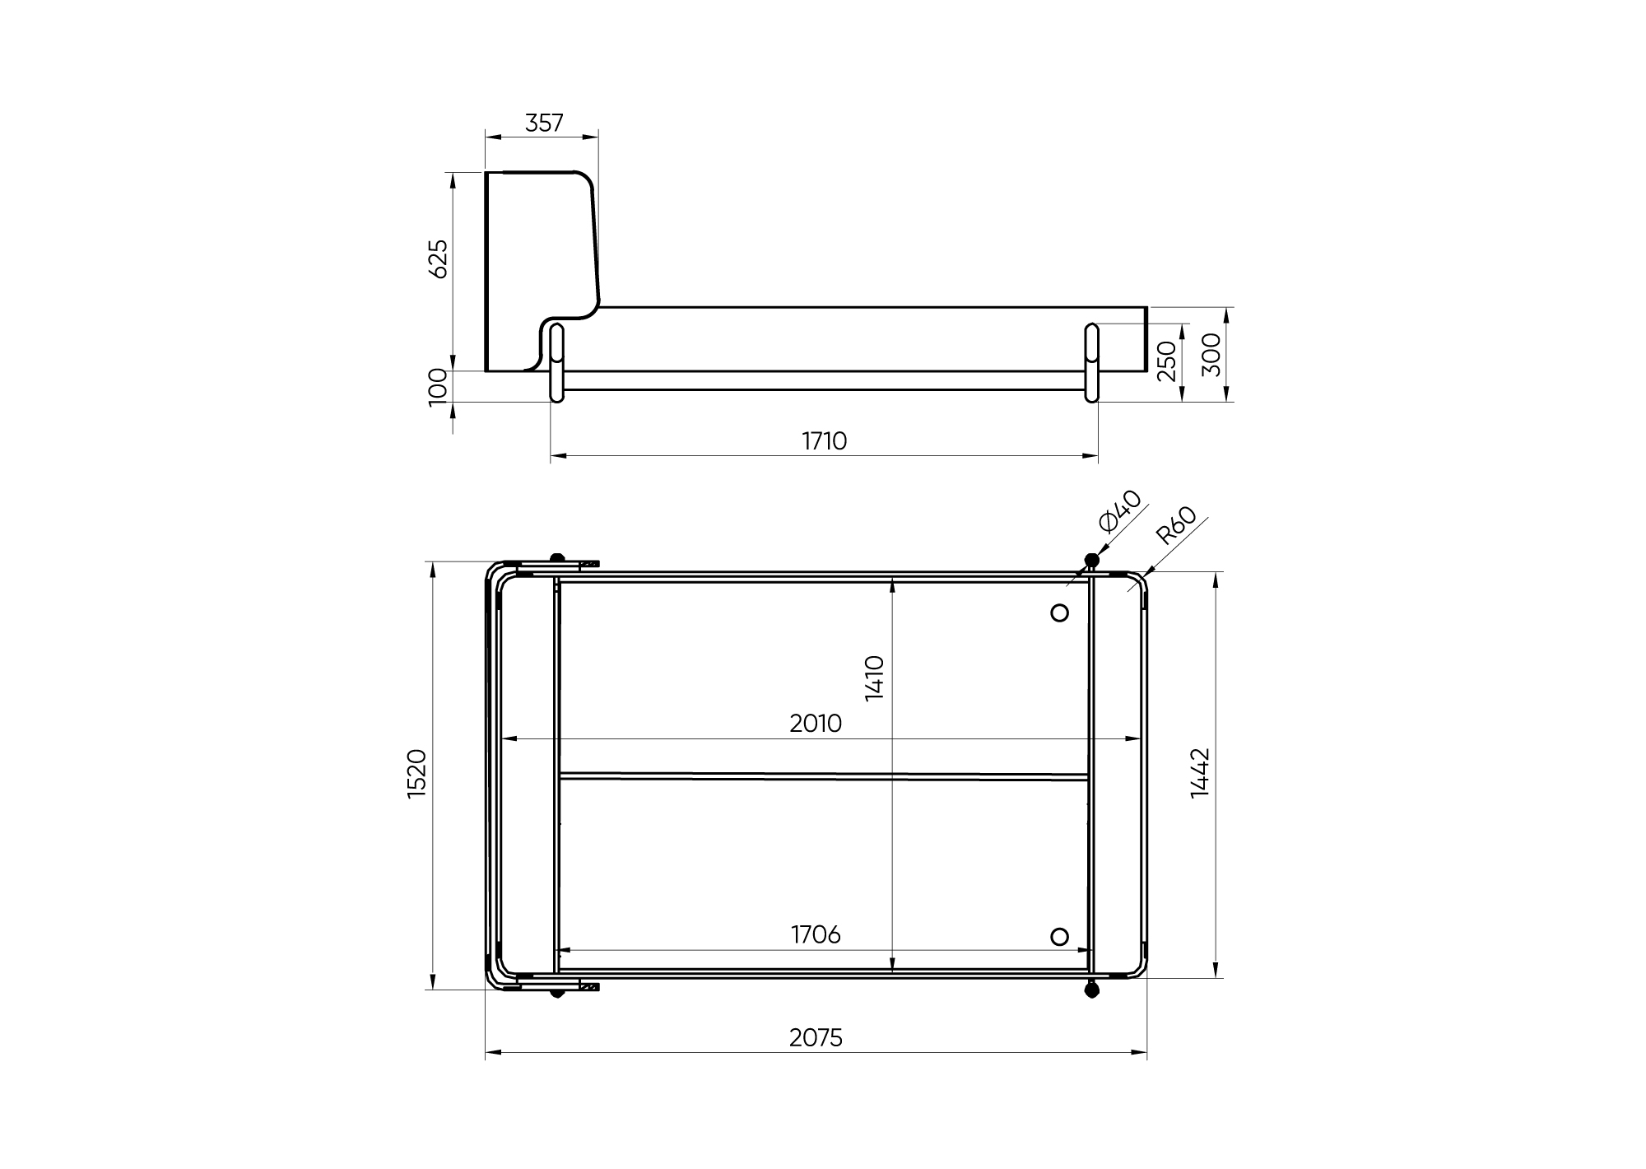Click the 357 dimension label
(544, 123)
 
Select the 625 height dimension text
(439, 258)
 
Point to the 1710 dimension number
(825, 441)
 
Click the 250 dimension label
(1167, 361)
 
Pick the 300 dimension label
(1212, 355)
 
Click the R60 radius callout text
(1176, 525)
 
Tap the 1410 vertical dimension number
(875, 678)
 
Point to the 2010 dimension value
(816, 724)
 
